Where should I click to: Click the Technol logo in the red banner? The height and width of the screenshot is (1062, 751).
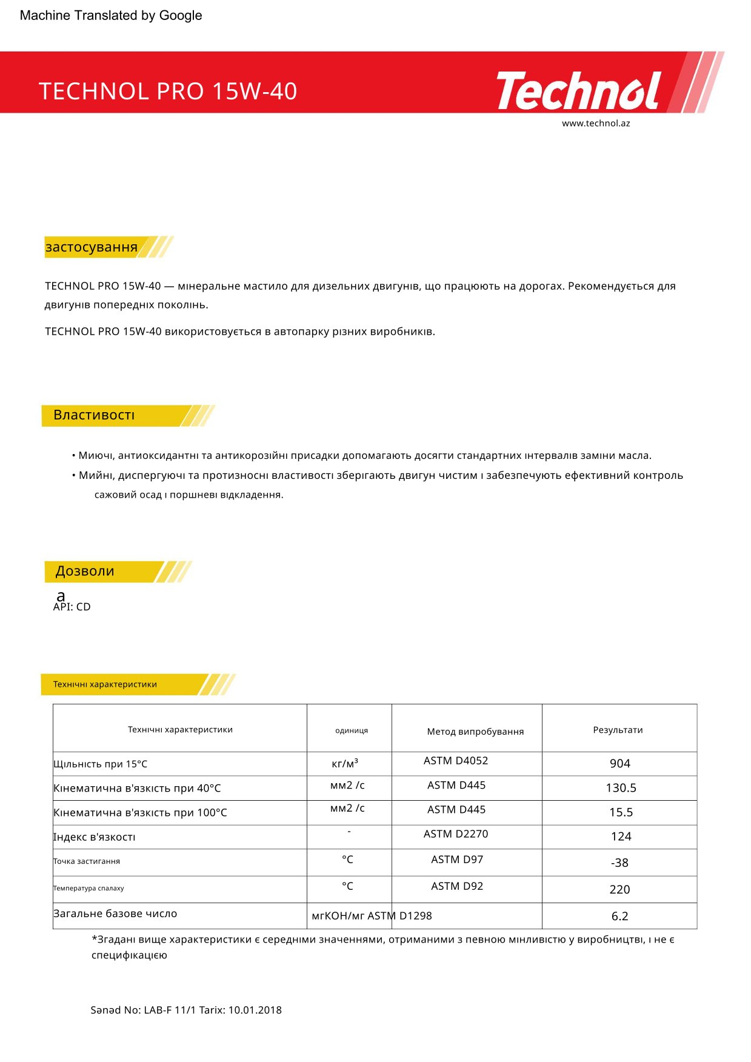[579, 91]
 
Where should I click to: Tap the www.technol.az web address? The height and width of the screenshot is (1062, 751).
[595, 123]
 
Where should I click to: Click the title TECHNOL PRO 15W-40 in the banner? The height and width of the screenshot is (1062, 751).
[168, 92]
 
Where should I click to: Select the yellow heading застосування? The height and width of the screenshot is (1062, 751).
[92, 247]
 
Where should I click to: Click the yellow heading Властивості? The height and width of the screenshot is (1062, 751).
[94, 415]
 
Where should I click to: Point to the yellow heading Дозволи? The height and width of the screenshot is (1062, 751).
[85, 571]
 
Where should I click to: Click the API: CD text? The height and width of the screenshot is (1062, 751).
[72, 607]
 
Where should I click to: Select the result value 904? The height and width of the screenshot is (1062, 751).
[619, 764]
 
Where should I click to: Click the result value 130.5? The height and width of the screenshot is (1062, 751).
[621, 788]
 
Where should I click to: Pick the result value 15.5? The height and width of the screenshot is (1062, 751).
[621, 812]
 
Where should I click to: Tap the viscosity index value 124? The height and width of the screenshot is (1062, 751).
[621, 837]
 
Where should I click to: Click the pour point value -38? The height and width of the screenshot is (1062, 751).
[619, 863]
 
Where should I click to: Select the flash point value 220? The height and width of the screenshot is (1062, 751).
[619, 889]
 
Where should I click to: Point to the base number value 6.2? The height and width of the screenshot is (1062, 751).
[619, 916]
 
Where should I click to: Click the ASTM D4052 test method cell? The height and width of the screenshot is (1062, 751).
[456, 761]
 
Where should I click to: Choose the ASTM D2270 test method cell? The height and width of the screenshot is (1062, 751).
[456, 834]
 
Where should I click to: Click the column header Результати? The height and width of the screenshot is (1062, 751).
[618, 730]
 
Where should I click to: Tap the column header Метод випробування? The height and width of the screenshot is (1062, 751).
[475, 732]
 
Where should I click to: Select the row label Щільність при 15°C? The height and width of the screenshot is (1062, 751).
[101, 764]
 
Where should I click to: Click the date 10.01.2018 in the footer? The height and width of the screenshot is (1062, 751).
[255, 1010]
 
